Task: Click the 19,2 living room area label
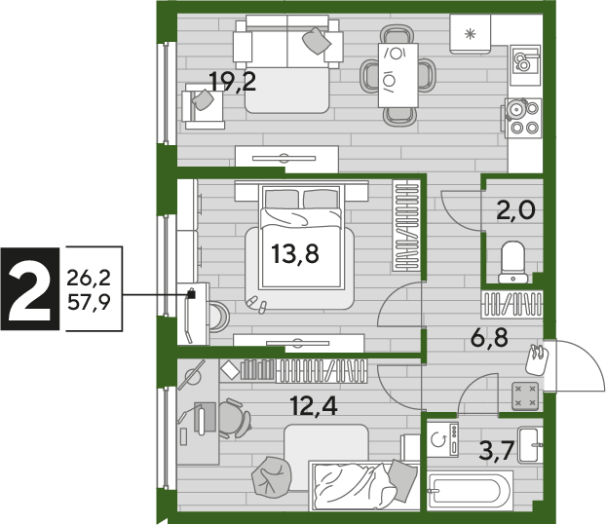(x=232, y=82)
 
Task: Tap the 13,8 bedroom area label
(x=295, y=254)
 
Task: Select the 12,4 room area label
(x=314, y=405)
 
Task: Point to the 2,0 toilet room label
(x=516, y=210)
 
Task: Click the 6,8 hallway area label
(x=489, y=338)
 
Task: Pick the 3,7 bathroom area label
(x=496, y=450)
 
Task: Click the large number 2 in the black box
(x=30, y=289)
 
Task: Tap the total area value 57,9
(x=89, y=302)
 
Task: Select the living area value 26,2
(x=89, y=278)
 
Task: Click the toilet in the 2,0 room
(x=512, y=262)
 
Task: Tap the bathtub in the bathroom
(x=470, y=490)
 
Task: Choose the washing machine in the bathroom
(x=443, y=440)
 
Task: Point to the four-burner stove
(x=523, y=118)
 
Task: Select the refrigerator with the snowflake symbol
(x=470, y=34)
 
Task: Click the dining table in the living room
(x=398, y=75)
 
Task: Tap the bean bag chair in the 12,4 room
(x=271, y=475)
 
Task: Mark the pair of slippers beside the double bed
(x=257, y=304)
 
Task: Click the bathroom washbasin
(x=529, y=445)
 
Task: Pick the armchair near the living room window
(x=204, y=106)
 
